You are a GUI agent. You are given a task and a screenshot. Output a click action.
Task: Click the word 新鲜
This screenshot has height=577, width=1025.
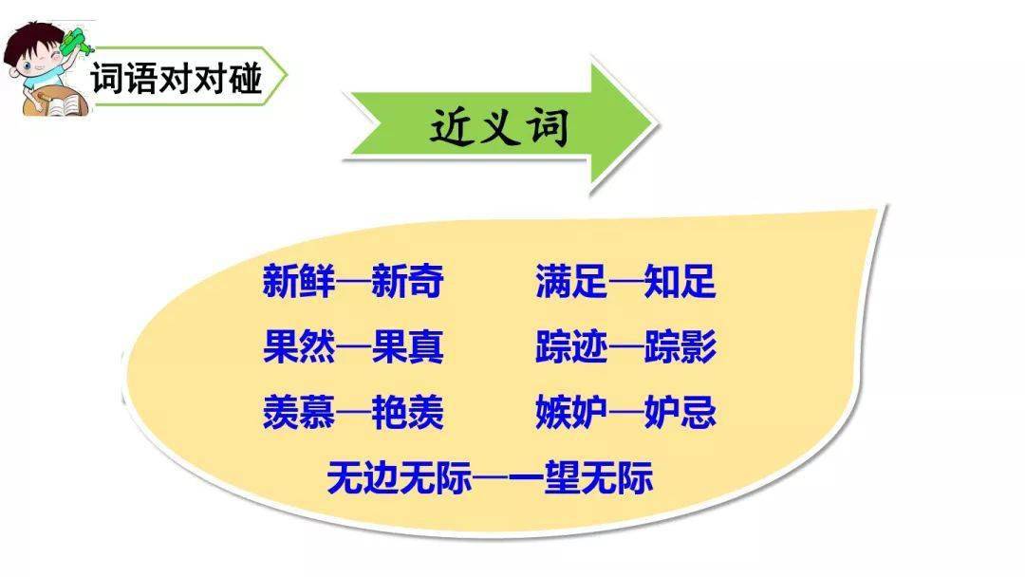tap(299, 281)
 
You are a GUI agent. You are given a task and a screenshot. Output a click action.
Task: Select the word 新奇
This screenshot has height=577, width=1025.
tap(408, 281)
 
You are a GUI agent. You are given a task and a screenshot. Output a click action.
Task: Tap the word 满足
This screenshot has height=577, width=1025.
tap(571, 281)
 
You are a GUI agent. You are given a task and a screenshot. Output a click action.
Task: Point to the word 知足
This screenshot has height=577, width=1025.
tap(680, 281)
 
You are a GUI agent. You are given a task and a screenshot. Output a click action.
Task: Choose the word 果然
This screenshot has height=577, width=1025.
tap(299, 346)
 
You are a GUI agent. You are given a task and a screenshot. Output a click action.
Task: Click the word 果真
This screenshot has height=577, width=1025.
tap(408, 346)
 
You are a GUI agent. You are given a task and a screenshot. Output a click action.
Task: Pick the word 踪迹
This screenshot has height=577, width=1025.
tap(571, 346)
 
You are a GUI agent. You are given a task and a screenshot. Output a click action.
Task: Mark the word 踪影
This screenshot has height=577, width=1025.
tap(680, 346)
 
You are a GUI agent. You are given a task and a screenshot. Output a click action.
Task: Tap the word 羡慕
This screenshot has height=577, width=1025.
tap(299, 412)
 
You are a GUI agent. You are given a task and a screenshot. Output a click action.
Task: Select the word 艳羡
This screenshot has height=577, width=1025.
tap(408, 412)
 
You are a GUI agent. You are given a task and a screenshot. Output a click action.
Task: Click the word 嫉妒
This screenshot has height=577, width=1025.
tap(571, 412)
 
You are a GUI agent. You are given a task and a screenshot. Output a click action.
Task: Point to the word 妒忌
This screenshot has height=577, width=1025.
tap(680, 412)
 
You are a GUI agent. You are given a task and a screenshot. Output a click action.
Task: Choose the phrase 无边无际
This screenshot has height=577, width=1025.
tap(399, 477)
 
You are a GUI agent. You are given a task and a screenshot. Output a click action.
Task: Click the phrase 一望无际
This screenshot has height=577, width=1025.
tap(581, 477)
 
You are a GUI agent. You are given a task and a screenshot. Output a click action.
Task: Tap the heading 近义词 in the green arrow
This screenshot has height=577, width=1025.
tap(499, 126)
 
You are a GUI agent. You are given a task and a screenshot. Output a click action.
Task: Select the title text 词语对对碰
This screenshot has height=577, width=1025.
tap(177, 78)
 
